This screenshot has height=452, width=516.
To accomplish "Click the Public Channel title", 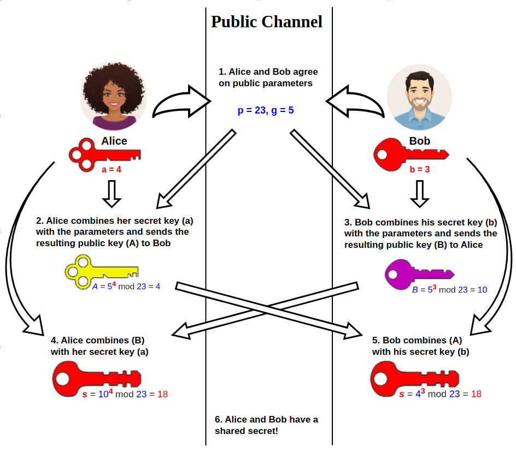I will point(267,22).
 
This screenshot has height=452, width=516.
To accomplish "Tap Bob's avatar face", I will point(419,94).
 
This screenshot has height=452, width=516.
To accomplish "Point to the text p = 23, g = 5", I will point(266,110).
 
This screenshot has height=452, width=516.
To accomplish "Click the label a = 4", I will point(112,169).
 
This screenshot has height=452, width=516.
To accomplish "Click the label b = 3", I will point(420,169).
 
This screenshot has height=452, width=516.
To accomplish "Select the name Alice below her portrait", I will point(114,141).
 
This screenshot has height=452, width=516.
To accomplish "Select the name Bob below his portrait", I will point(420,141).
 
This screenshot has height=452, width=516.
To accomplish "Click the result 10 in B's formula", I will point(482,290).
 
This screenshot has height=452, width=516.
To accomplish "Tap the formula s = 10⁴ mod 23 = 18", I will point(125,394).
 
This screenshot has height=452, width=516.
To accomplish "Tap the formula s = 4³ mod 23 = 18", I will point(440,394).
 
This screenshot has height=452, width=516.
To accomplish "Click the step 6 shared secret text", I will point(266,425).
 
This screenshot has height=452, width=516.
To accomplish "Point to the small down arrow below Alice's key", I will point(112,194).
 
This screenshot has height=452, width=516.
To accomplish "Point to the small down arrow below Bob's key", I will point(420,194).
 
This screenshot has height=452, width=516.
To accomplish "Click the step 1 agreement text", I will point(268,78).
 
